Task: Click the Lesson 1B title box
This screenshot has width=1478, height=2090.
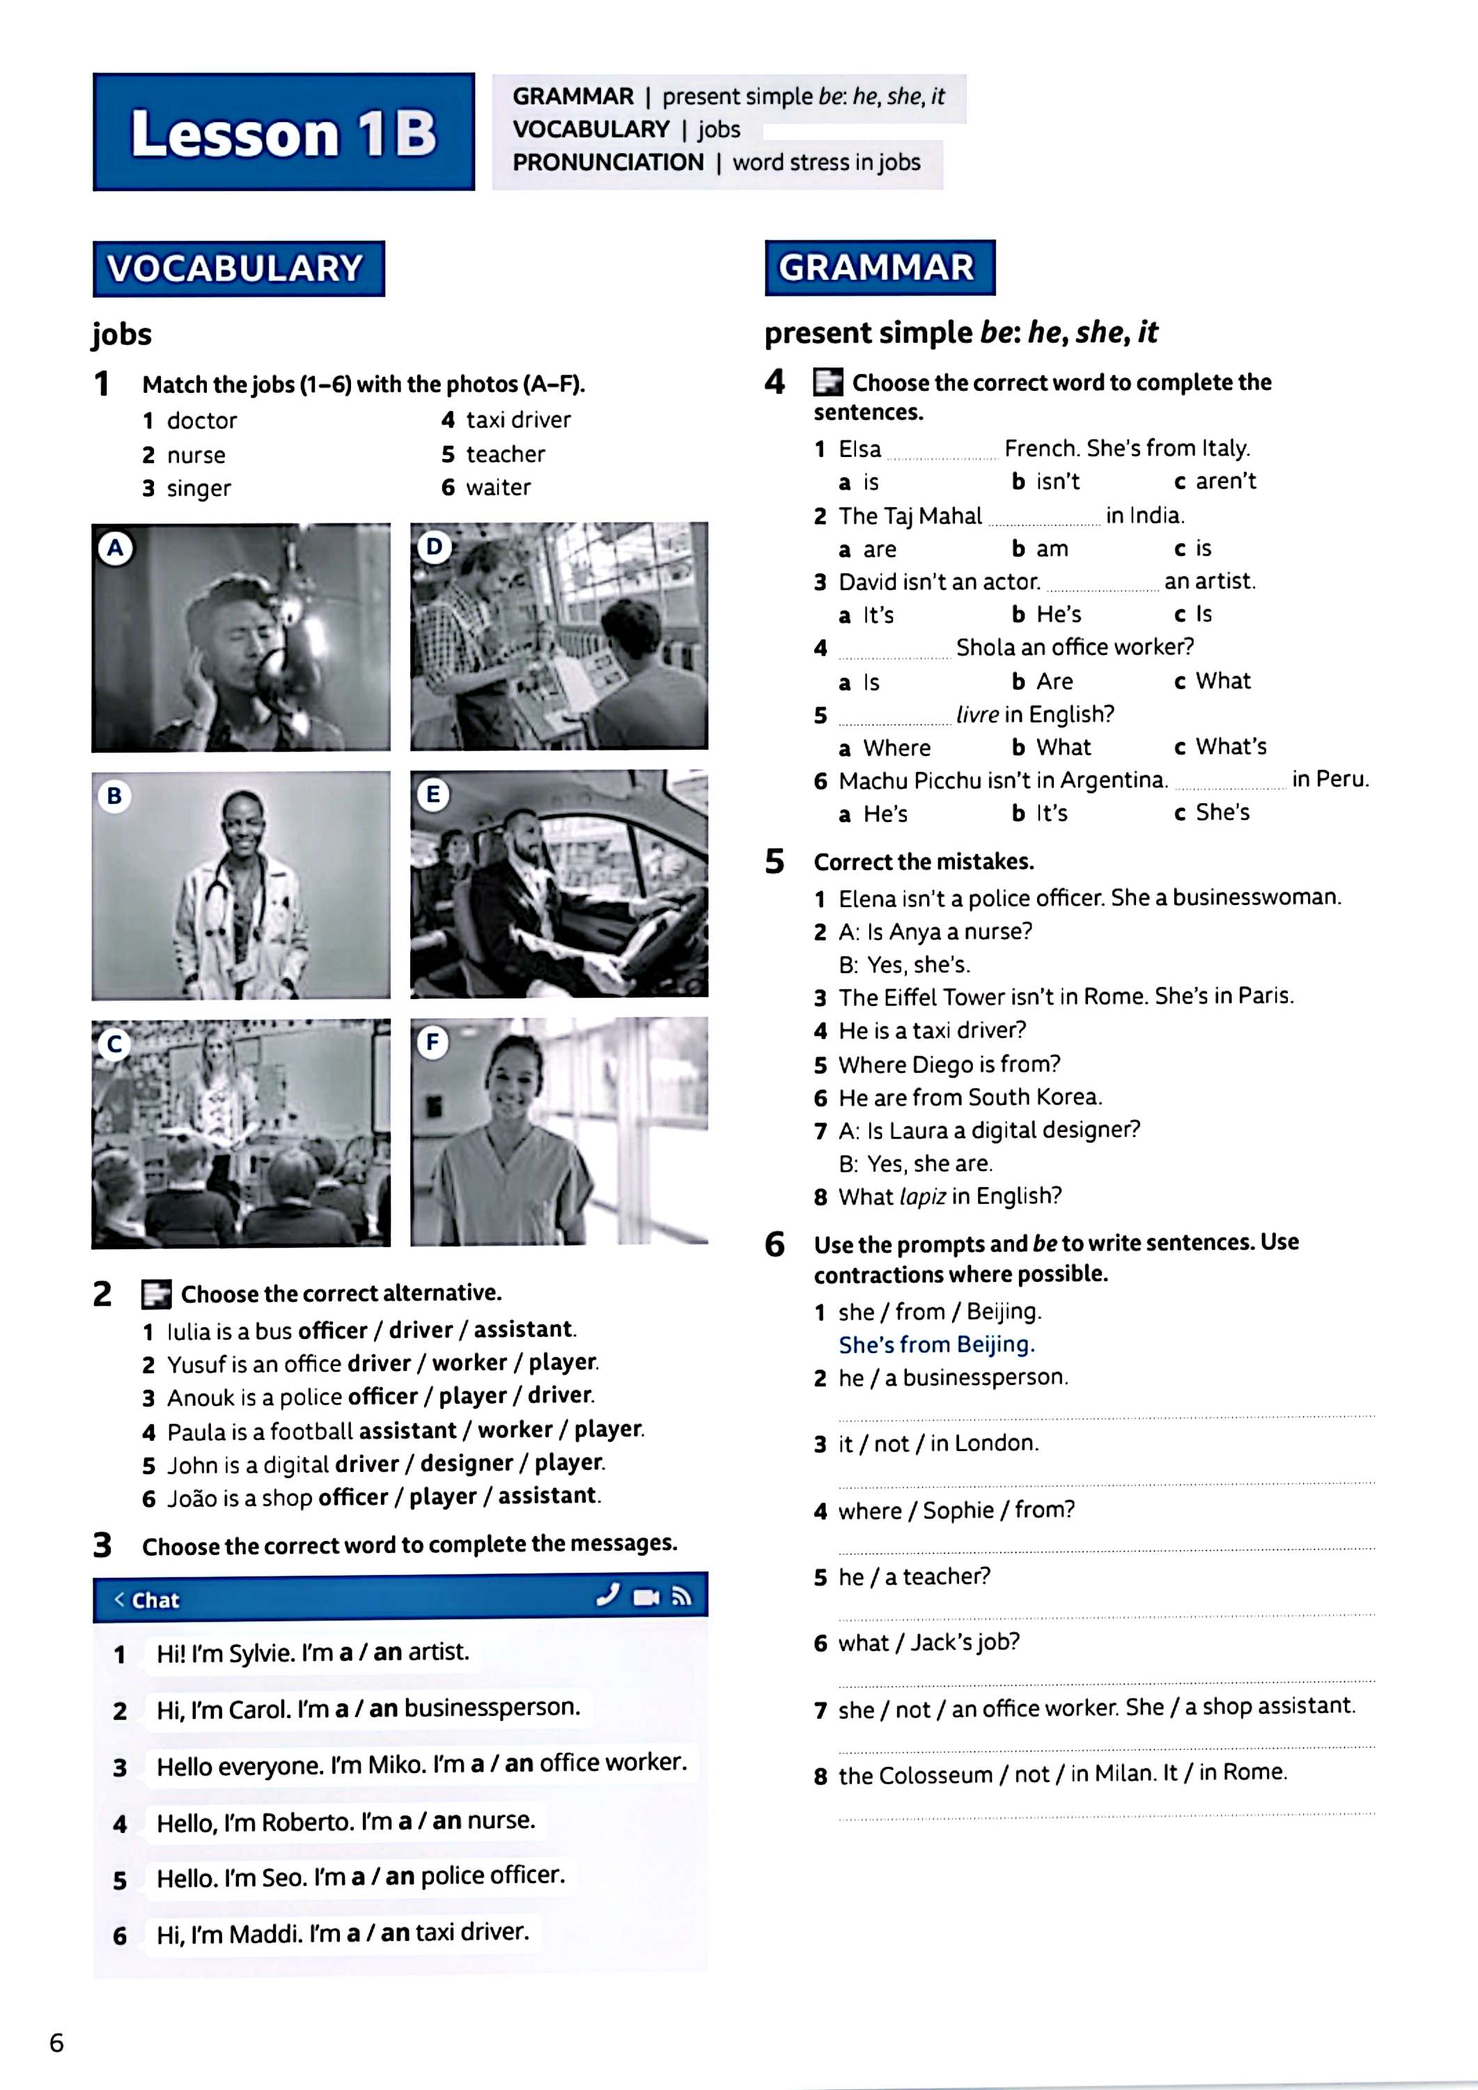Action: tap(283, 132)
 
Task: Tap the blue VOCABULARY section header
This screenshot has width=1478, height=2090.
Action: tap(238, 268)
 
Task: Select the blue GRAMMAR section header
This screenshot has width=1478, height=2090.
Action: tap(879, 268)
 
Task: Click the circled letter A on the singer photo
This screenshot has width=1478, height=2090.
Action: tap(116, 548)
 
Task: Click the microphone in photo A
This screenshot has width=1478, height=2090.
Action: tap(274, 672)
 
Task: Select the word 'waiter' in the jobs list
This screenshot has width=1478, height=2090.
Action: tap(498, 488)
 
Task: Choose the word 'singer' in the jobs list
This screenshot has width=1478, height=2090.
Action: tap(199, 489)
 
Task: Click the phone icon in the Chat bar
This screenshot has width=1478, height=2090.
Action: tap(608, 1596)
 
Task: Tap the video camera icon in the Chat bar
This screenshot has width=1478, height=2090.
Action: tap(645, 1597)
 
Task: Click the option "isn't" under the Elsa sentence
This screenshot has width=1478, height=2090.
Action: tap(1057, 481)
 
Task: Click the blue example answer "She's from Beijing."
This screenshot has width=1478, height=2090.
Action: tap(937, 1345)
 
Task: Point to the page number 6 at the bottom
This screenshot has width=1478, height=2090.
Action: tap(56, 2043)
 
